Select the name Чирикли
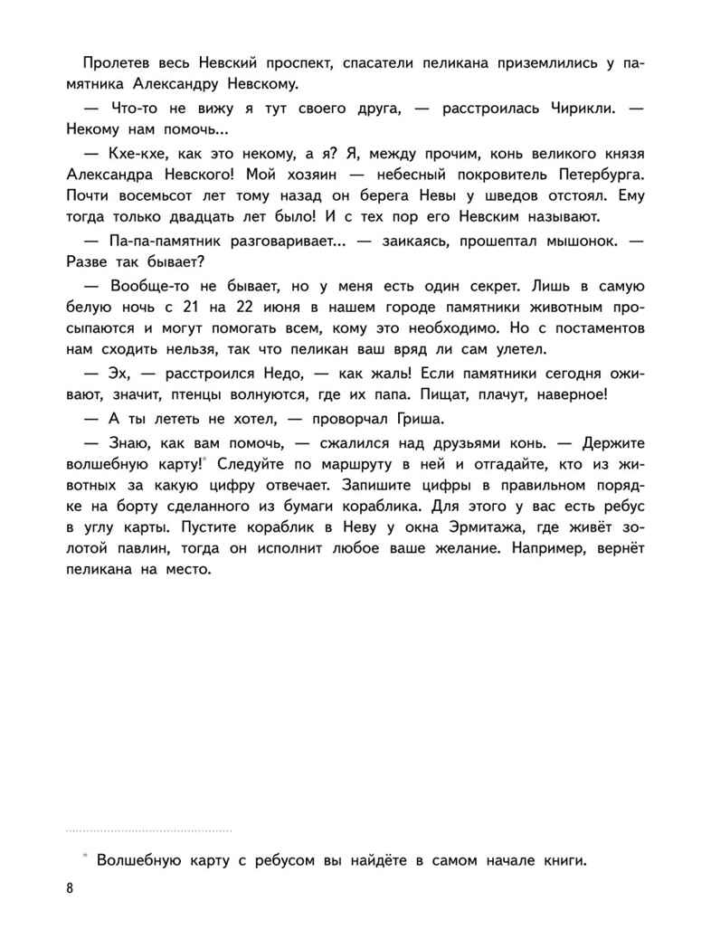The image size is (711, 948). (x=563, y=109)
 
